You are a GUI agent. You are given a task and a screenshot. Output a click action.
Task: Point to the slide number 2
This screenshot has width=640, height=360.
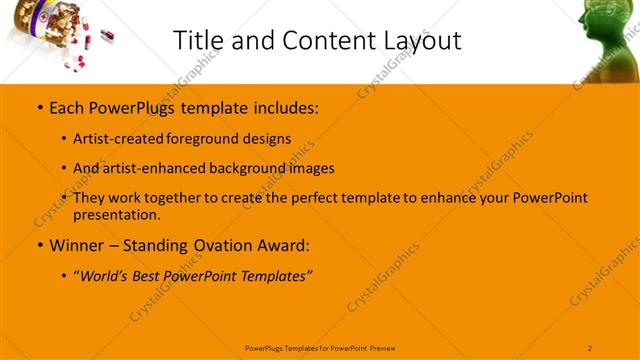pos(590,347)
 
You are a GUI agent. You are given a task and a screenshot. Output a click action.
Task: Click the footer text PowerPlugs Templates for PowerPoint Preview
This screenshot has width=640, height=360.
pos(320,347)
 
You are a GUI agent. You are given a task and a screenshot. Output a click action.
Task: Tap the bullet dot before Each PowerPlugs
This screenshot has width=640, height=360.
pos(39,105)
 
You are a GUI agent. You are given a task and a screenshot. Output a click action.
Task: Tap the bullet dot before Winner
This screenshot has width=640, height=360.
pos(39,244)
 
